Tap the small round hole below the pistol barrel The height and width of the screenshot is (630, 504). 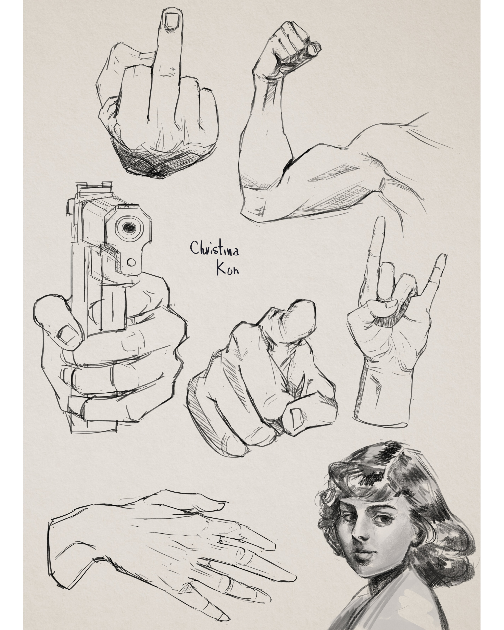[x=131, y=262]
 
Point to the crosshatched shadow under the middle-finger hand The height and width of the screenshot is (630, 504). [x=146, y=162]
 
